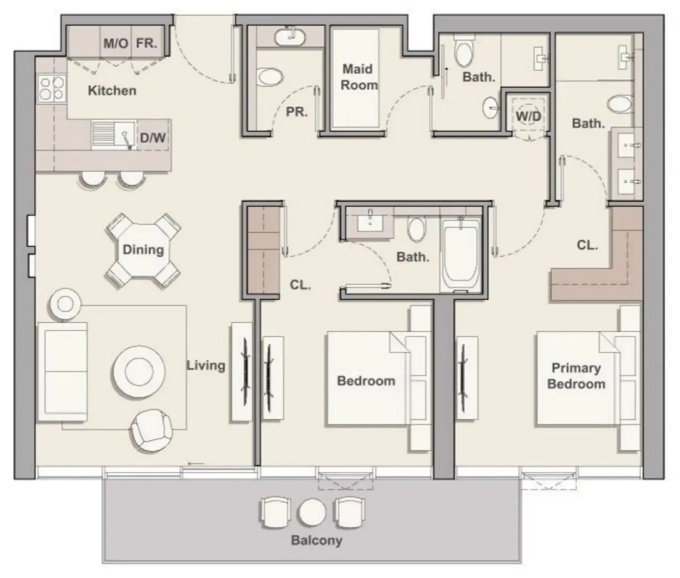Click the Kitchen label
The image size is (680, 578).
click(x=112, y=90)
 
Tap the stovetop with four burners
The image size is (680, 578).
click(x=51, y=88)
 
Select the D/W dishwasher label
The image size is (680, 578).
click(x=152, y=137)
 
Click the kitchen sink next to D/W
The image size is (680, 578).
click(x=114, y=135)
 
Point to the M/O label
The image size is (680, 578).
click(x=115, y=43)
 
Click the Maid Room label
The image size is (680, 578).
click(x=358, y=77)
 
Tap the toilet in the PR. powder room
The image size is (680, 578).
click(x=270, y=77)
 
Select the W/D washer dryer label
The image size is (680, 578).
click(x=528, y=117)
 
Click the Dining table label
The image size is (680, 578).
click(x=143, y=250)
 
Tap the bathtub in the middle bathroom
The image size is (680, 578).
click(x=460, y=255)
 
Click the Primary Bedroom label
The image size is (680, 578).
click(x=576, y=376)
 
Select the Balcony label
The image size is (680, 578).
click(x=316, y=540)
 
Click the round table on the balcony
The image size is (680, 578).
click(x=312, y=513)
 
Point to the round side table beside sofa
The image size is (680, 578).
click(x=65, y=304)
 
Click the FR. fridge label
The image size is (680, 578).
click(x=146, y=43)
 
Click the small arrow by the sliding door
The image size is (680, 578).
click(x=196, y=463)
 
